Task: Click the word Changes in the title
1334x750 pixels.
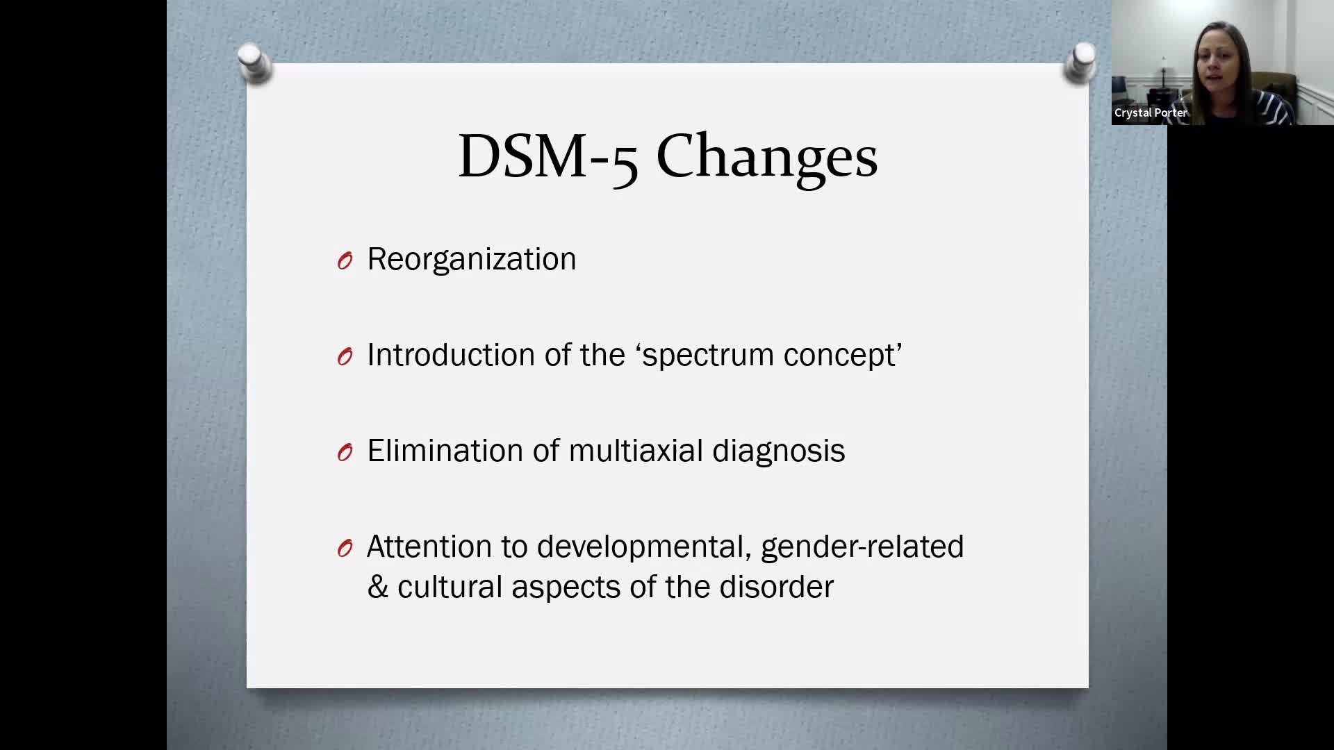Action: coord(766,156)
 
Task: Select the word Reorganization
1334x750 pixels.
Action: coord(471,259)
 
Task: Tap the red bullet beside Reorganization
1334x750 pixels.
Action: coord(345,260)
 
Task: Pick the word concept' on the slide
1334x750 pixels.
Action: coord(842,355)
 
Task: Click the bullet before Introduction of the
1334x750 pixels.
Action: coord(345,356)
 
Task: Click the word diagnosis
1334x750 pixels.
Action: coord(778,451)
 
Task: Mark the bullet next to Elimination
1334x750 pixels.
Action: coord(345,452)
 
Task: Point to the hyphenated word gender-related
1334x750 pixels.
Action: coord(862,547)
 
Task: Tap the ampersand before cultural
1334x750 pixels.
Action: coord(377,587)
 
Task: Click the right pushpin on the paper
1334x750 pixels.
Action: coord(1080,63)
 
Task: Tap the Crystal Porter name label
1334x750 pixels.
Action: coord(1151,112)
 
